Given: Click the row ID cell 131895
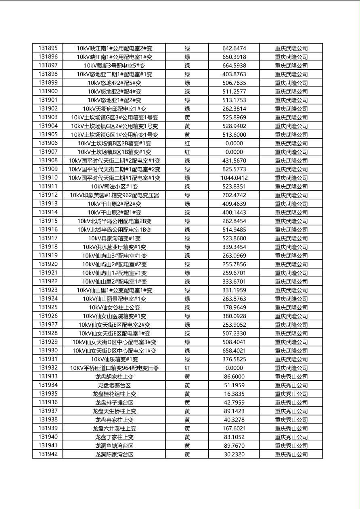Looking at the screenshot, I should [x=48, y=48].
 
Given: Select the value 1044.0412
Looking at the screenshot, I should [x=234, y=178].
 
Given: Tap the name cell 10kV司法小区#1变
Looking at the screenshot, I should [x=114, y=186].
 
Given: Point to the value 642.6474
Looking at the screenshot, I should [x=234, y=48].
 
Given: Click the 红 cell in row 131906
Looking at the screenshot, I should [x=187, y=143].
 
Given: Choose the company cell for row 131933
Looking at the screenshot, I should [x=291, y=377].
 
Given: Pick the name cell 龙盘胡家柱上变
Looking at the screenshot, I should [x=114, y=377].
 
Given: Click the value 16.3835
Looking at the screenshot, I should [x=234, y=394].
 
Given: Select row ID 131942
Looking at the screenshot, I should [x=48, y=454].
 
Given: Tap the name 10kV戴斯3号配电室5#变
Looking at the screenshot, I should [x=114, y=65].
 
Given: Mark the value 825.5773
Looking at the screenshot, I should [x=234, y=169].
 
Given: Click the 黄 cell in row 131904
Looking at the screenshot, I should [x=187, y=126].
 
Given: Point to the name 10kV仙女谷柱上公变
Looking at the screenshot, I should [x=114, y=307].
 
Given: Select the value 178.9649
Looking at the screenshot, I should [x=234, y=307].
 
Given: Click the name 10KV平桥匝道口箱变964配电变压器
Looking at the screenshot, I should [x=114, y=368].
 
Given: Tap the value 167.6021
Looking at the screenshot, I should [x=234, y=428].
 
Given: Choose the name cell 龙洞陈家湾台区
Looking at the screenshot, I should [x=114, y=454].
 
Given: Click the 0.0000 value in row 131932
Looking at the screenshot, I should [x=234, y=368].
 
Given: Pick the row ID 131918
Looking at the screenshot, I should [x=48, y=247].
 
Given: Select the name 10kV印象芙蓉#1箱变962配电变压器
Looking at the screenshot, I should [x=114, y=195].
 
